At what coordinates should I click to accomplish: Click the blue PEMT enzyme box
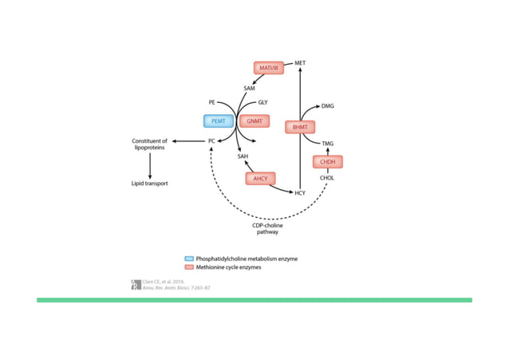218,121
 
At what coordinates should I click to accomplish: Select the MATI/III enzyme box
269,68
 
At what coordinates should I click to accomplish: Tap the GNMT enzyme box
254,121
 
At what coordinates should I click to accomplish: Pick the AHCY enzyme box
260,178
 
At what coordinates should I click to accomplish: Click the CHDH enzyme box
327,162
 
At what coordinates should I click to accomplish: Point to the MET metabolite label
300,62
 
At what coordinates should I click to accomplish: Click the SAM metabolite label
249,89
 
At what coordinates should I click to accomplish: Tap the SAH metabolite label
243,156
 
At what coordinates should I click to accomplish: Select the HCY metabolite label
300,192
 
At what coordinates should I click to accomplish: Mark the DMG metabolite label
328,105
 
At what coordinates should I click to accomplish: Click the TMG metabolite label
327,143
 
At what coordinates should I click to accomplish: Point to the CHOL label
326,178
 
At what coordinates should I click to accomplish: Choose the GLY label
263,103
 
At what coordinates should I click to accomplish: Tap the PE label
212,103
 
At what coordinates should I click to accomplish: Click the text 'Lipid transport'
151,183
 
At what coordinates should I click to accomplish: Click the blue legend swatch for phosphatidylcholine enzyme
188,259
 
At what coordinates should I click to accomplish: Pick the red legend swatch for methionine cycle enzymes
188,267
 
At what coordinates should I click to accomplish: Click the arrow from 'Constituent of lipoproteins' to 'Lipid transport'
151,164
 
